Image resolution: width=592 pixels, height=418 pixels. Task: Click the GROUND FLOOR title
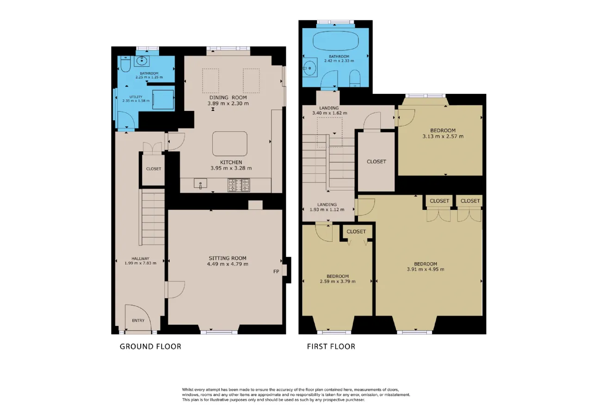pyautogui.click(x=151, y=346)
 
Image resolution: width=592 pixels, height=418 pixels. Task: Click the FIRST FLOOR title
pyautogui.click(x=331, y=346)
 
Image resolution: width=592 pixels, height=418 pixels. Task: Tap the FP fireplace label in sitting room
pyautogui.click(x=276, y=271)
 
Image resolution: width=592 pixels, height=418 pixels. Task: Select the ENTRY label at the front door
pyautogui.click(x=138, y=320)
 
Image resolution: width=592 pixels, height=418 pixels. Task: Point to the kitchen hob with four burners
pyautogui.click(x=239, y=185)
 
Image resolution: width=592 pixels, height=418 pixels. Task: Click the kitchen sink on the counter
pyautogui.click(x=200, y=184)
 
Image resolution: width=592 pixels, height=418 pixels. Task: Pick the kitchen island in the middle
pyautogui.click(x=230, y=144)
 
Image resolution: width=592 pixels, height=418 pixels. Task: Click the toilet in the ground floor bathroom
pyautogui.click(x=125, y=64)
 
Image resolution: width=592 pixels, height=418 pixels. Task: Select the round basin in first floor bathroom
pyautogui.click(x=310, y=68)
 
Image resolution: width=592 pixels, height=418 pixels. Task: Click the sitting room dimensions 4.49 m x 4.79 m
pyautogui.click(x=228, y=264)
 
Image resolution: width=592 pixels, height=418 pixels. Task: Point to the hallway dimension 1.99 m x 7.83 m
pyautogui.click(x=140, y=263)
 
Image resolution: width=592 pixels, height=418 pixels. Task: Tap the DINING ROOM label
pyautogui.click(x=228, y=98)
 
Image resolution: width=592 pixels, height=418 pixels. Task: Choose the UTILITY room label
pyautogui.click(x=136, y=97)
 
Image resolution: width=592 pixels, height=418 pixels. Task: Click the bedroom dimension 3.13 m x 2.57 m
pyautogui.click(x=443, y=136)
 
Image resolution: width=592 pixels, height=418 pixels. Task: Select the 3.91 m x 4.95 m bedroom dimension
pyautogui.click(x=425, y=270)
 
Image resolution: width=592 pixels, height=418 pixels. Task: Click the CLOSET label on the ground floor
pyautogui.click(x=154, y=169)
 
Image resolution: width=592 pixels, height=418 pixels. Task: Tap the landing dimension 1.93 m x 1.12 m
pyautogui.click(x=327, y=209)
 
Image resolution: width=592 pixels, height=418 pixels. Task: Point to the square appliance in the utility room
pyautogui.click(x=163, y=99)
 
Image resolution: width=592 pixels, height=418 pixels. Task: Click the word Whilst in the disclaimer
pyautogui.click(x=188, y=389)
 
